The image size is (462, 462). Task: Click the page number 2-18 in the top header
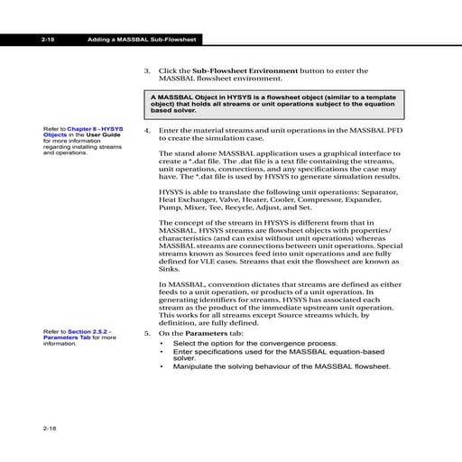pyautogui.click(x=49, y=40)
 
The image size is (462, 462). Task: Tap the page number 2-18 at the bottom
pyautogui.click(x=49, y=426)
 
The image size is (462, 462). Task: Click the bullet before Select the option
pyautogui.click(x=162, y=345)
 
